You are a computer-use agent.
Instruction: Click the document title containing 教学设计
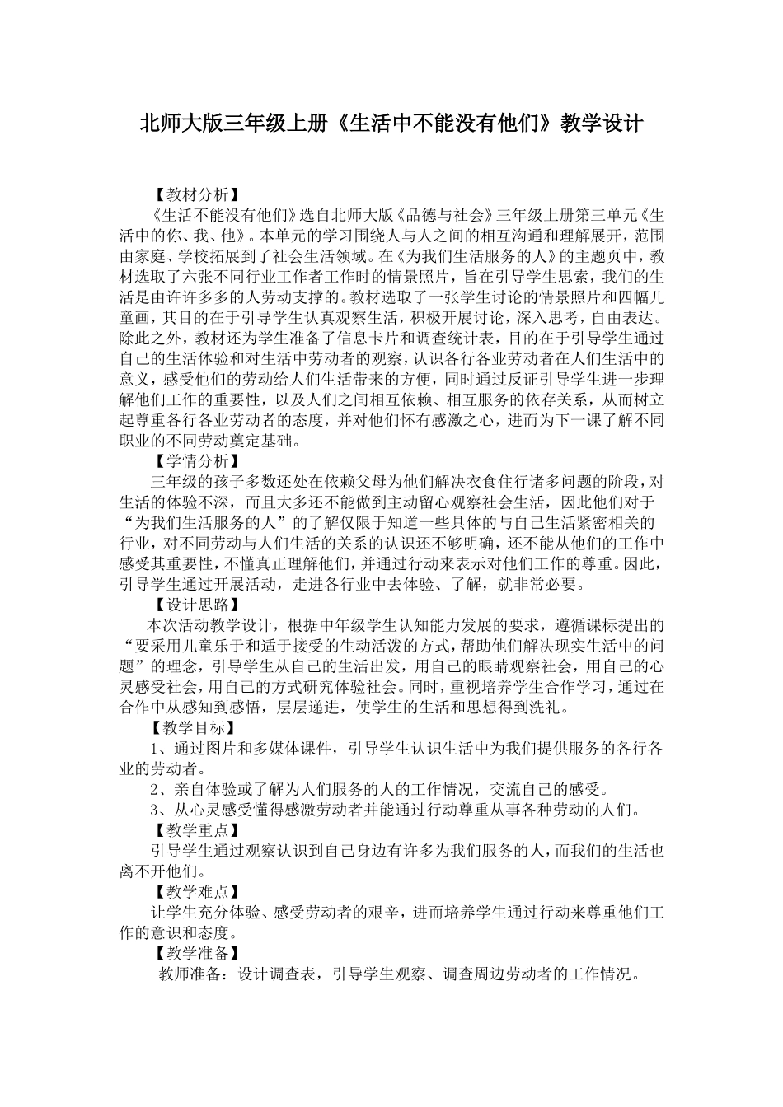(391, 124)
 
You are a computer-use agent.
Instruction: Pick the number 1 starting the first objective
(155, 749)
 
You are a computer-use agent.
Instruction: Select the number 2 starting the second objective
(155, 789)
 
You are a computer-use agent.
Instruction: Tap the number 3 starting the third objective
(155, 810)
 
